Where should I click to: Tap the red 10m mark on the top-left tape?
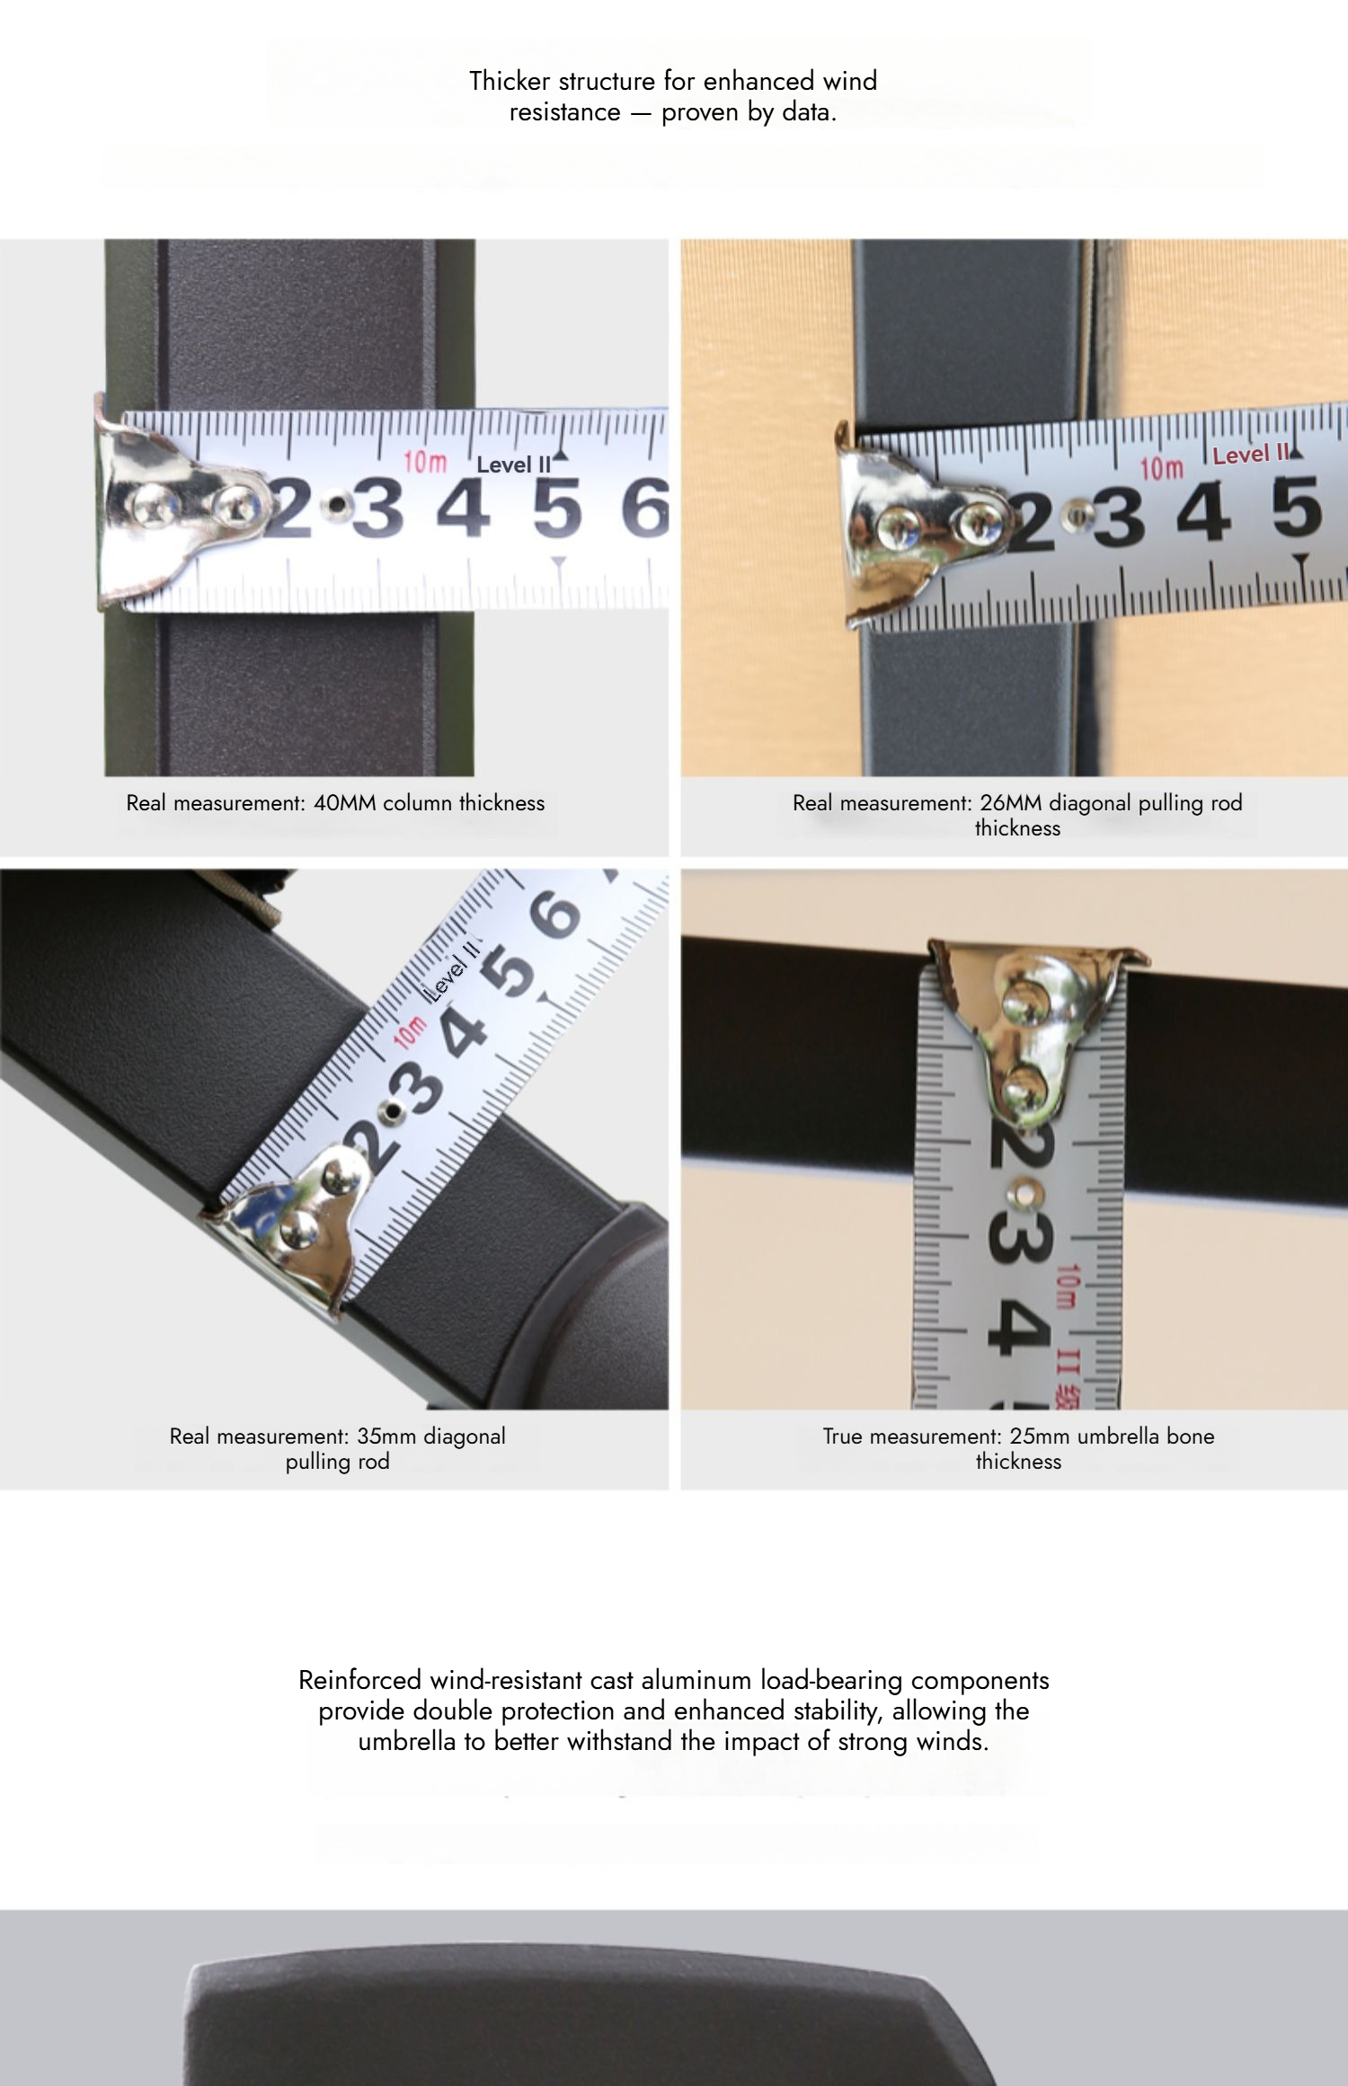click(x=424, y=462)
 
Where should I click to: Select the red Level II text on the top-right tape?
click(x=1250, y=455)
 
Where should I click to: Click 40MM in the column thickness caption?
click(x=344, y=803)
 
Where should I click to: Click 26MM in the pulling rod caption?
click(x=1011, y=803)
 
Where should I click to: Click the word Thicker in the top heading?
click(x=510, y=81)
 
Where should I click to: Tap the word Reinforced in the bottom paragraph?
click(x=360, y=1680)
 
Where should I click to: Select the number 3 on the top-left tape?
click(x=377, y=508)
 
